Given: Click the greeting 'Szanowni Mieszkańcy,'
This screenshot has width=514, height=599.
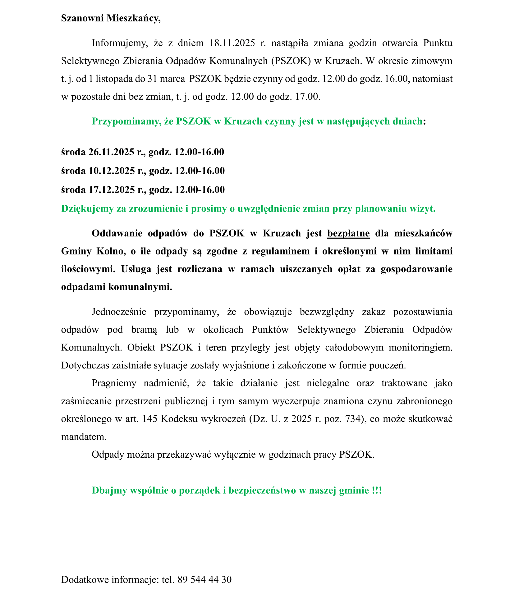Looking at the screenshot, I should (x=111, y=18).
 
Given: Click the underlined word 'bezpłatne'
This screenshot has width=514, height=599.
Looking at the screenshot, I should (x=348, y=233).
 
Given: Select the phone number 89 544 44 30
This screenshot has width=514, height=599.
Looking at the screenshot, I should (x=204, y=579).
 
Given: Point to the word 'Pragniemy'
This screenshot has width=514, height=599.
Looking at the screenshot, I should (x=114, y=383).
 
